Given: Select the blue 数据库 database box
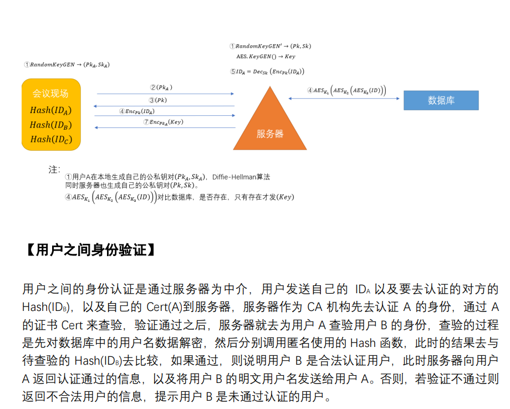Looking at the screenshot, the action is (x=441, y=100).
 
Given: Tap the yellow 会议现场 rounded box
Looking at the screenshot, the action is (x=51, y=115).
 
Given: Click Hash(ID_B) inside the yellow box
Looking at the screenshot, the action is (x=51, y=125).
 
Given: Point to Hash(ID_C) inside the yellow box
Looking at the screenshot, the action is (x=51, y=139).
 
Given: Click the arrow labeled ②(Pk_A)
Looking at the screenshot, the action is (x=165, y=94).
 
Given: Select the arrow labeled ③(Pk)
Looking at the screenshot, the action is (x=165, y=106).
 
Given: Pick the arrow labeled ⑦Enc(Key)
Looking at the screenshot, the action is (x=165, y=127).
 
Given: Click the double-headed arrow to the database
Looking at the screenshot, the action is (x=344, y=99).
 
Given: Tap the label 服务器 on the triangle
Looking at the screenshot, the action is (x=270, y=134).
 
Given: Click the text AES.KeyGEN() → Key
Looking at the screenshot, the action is (x=266, y=57).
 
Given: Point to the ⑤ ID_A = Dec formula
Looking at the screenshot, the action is (x=267, y=71).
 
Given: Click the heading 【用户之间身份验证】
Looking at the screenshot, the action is (x=89, y=250).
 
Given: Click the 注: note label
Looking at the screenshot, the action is (x=54, y=170).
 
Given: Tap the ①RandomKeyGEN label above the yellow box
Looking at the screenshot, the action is (x=67, y=65).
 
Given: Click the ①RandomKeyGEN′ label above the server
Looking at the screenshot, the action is (x=270, y=46).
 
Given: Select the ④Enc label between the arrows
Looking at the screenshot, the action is (x=136, y=111).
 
